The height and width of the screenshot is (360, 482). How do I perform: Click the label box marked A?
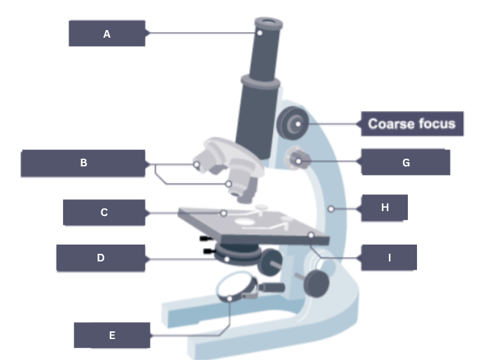tap(107, 34)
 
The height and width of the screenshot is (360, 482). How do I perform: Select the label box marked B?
tap(83, 164)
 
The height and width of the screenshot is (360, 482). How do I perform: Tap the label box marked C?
tap(104, 213)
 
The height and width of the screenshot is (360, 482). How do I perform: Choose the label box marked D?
tap(101, 258)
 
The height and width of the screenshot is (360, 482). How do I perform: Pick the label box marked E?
tap(112, 336)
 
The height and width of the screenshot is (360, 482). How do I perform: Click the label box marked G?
tap(405, 162)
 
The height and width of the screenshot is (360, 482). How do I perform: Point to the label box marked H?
tap(384, 208)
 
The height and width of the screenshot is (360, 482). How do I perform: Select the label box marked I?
tap(389, 258)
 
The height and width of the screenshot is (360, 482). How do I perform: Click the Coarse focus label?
tap(411, 124)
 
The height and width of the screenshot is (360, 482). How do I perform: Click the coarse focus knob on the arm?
tap(292, 124)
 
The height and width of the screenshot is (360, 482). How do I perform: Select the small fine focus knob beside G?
tap(298, 159)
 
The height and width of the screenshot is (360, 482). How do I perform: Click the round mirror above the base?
tap(236, 286)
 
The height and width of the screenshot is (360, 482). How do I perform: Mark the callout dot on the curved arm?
tap(329, 208)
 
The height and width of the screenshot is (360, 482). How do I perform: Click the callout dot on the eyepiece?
tap(259, 32)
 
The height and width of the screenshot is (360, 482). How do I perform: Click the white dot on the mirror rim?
tap(231, 298)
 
